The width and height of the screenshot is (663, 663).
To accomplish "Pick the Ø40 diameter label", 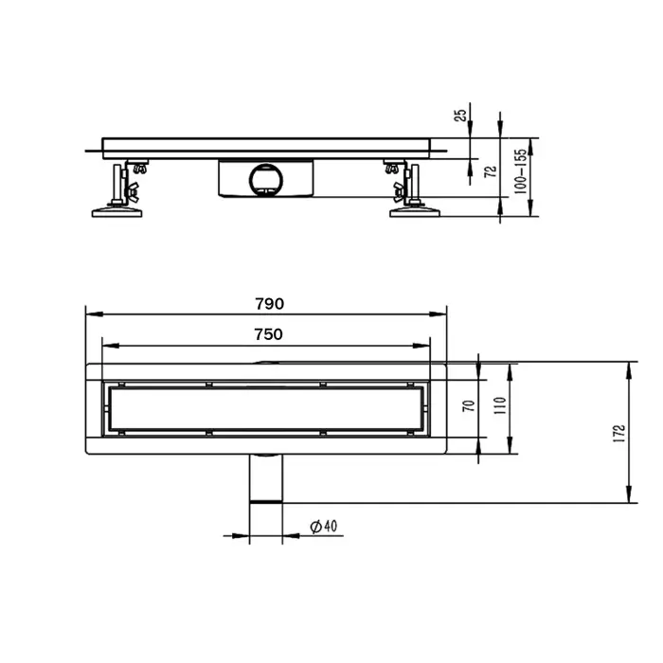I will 324,528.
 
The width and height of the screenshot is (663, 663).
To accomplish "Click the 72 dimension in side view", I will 489,171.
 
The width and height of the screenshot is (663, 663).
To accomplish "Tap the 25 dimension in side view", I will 461,116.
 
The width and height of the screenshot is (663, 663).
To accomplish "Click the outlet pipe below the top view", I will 266,481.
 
